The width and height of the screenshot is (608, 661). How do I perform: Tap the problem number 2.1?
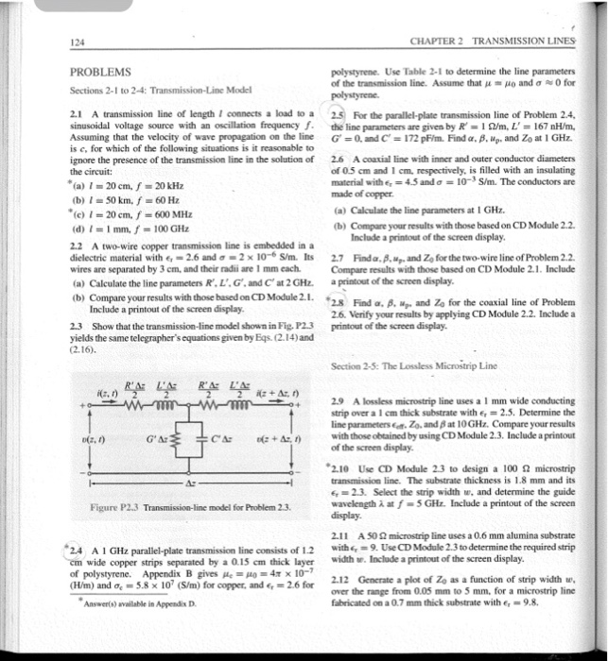(x=78, y=112)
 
